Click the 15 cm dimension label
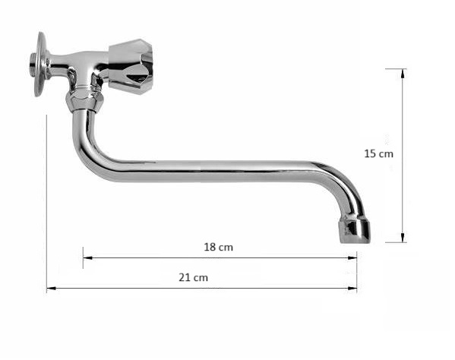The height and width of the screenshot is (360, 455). click(378, 153)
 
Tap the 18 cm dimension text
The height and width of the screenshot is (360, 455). click(219, 247)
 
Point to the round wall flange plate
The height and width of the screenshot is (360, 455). click(40, 63)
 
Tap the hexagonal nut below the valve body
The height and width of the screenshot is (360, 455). click(83, 99)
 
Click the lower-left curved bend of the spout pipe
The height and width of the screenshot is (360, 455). click(87, 156)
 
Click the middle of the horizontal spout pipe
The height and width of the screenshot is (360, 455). click(213, 171)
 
